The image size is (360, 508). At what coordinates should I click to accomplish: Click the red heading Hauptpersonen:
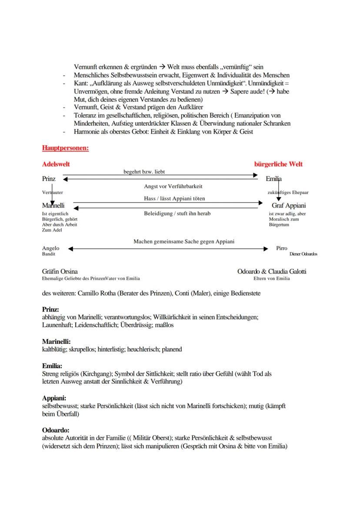click(x=65, y=148)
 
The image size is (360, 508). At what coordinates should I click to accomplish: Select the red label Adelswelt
click(x=56, y=164)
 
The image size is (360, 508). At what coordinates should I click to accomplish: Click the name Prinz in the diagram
click(x=49, y=179)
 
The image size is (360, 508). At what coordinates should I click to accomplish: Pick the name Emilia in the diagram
click(x=273, y=179)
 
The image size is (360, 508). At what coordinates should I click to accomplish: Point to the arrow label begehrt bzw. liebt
click(x=144, y=172)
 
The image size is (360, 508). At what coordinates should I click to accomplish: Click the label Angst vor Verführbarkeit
click(x=173, y=186)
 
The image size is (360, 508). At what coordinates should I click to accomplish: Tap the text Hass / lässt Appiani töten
click(x=174, y=199)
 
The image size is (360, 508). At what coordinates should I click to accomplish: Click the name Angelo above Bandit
click(x=50, y=248)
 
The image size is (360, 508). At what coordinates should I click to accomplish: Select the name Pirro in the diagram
click(x=281, y=248)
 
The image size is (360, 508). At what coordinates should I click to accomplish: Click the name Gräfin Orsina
click(x=60, y=272)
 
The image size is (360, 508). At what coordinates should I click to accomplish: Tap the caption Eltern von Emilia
click(x=271, y=279)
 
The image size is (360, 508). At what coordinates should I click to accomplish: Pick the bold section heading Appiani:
click(x=54, y=398)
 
